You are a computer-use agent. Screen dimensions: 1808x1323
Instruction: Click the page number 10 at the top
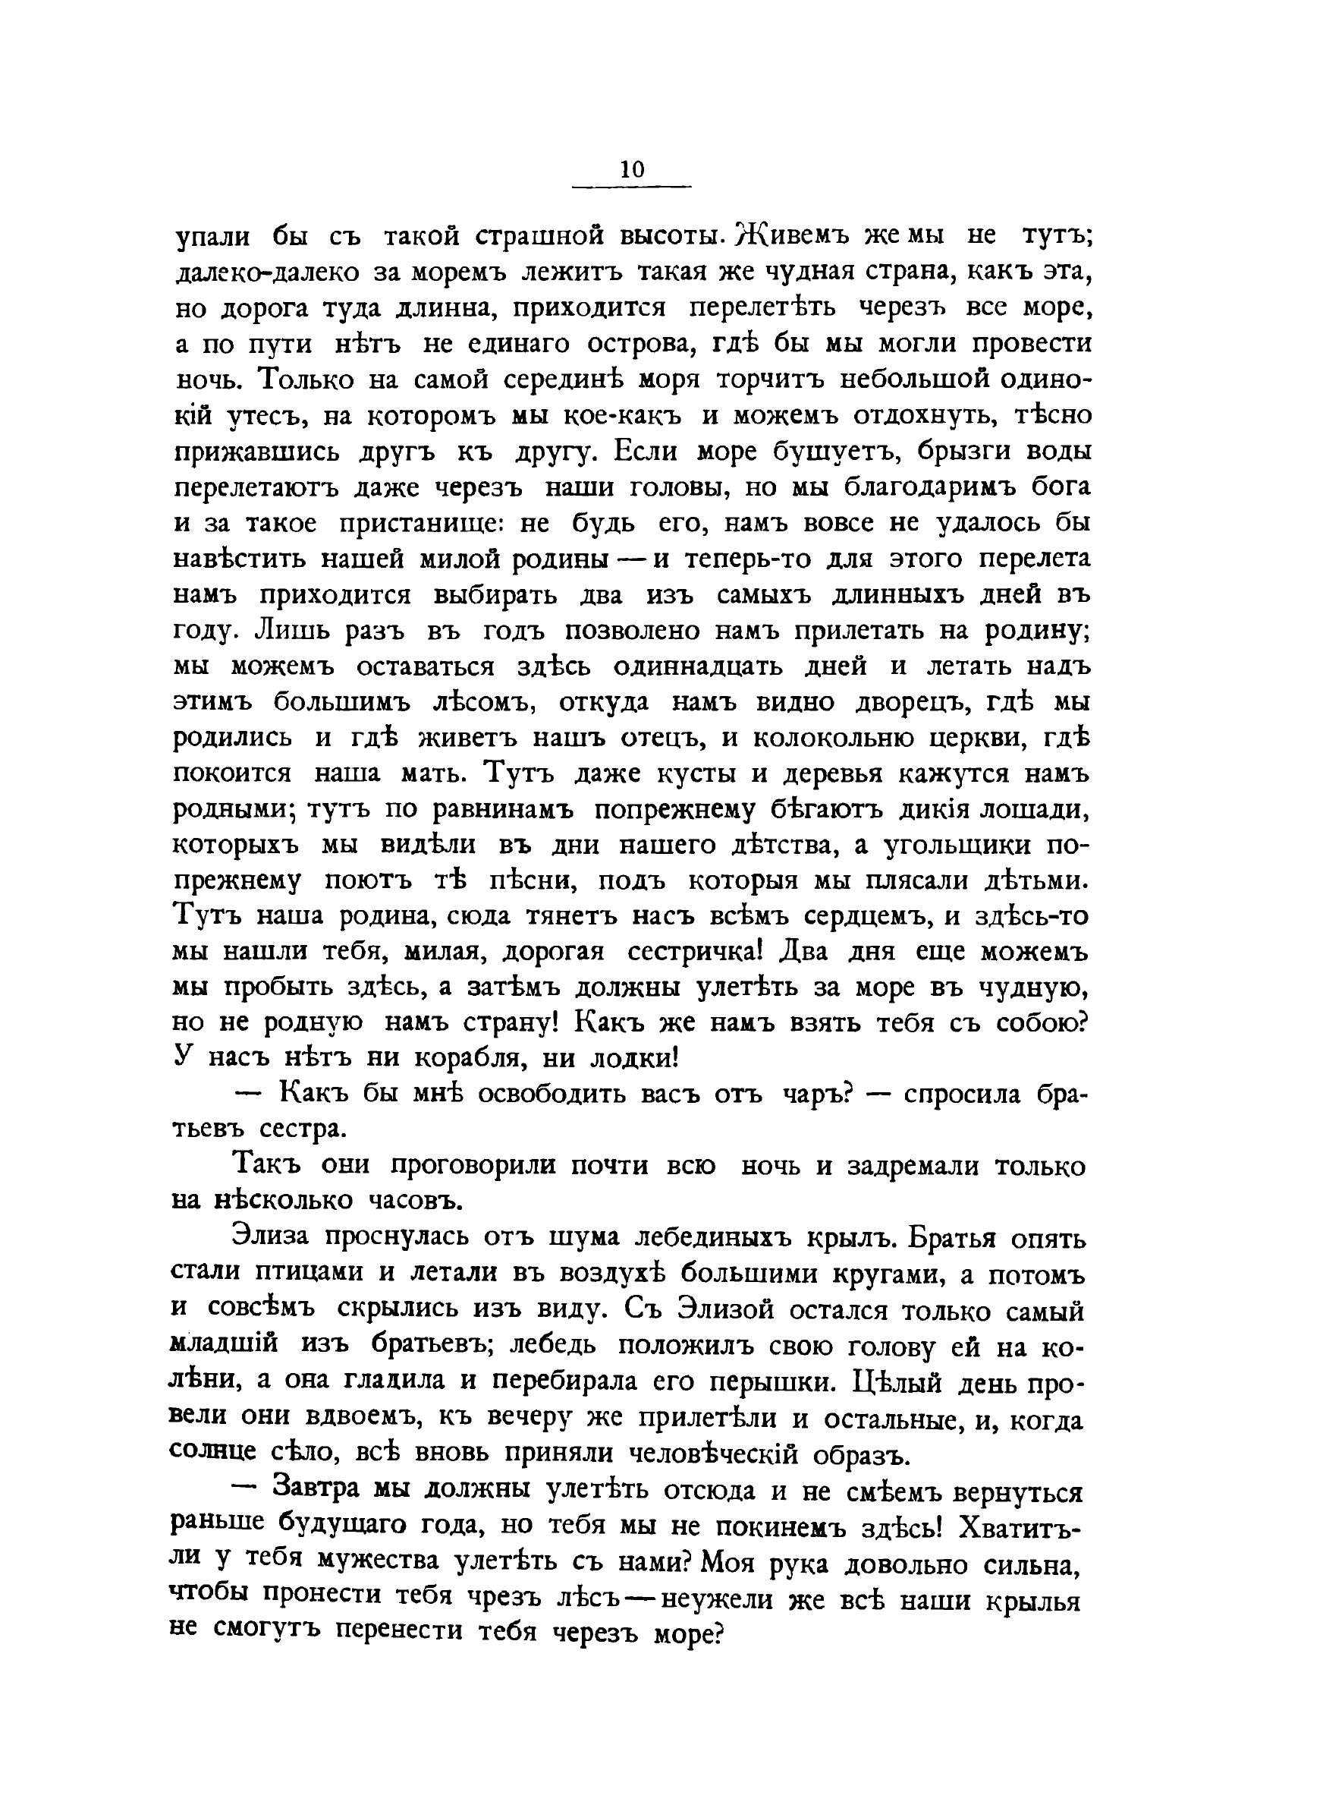click(x=631, y=169)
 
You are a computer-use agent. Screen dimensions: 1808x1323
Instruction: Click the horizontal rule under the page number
click(x=631, y=188)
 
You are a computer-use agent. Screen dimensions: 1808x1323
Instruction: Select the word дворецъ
click(x=897, y=703)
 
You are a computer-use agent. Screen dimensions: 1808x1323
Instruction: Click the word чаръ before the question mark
click(x=814, y=1095)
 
